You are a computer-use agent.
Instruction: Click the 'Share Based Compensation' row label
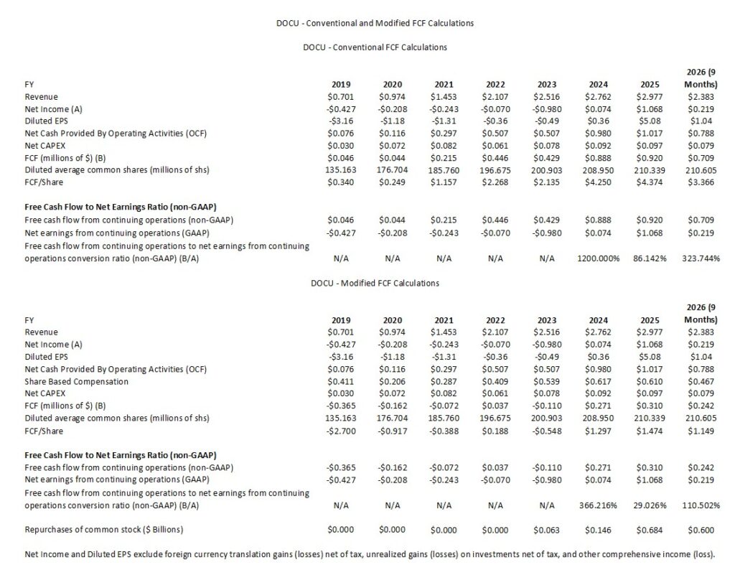tap(77, 381)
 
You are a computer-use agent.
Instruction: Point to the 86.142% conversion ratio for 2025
tap(647, 258)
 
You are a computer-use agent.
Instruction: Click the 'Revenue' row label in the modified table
tap(41, 332)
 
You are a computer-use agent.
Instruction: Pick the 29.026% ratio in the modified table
tap(647, 505)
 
